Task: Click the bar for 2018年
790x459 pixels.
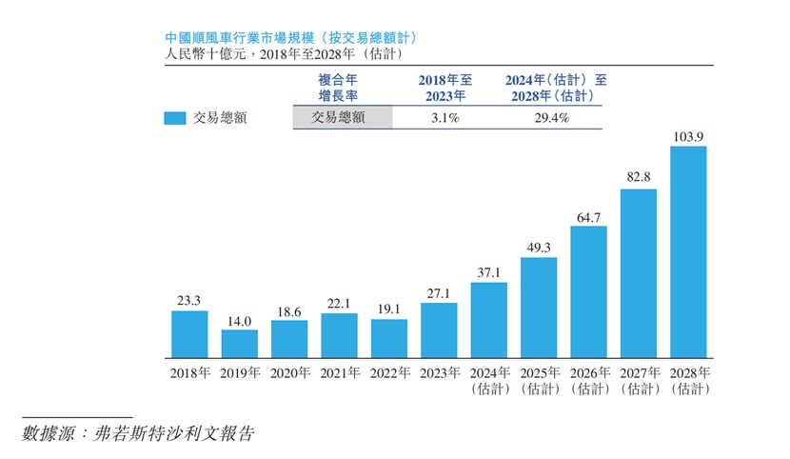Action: (189, 333)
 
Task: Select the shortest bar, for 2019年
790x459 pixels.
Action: (240, 343)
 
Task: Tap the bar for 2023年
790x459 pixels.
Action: (439, 329)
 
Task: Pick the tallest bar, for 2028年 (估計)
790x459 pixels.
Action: (688, 251)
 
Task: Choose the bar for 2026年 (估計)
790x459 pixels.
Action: (588, 290)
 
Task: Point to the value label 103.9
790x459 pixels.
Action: (688, 137)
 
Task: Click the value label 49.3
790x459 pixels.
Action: (539, 249)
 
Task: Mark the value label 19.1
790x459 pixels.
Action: (389, 309)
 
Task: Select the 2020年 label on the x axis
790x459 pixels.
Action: (289, 374)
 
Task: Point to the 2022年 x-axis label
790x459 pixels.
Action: (389, 374)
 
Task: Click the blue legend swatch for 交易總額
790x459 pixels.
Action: (174, 118)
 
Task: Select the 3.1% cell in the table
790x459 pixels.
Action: (440, 118)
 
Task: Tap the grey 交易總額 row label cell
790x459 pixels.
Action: (340, 118)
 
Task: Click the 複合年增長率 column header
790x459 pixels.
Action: (339, 89)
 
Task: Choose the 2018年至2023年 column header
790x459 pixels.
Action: (445, 89)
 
